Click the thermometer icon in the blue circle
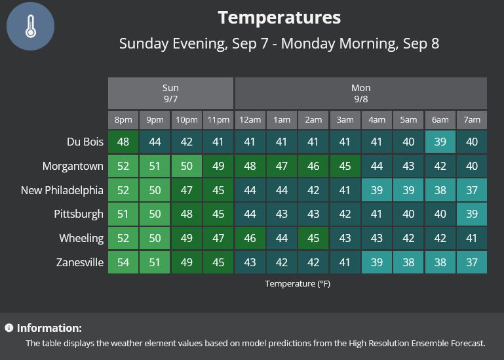(31, 26)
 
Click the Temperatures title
(279, 17)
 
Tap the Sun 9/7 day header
(170, 93)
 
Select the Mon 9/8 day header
(361, 93)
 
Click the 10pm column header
(186, 120)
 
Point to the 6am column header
(440, 120)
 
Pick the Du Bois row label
(85, 142)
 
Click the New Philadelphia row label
(62, 190)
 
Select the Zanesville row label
(80, 262)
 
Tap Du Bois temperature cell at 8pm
(123, 142)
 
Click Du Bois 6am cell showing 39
(440, 142)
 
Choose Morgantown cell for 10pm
(186, 166)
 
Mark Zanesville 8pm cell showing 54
(123, 262)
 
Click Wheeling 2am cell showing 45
(313, 238)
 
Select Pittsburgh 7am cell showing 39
(472, 214)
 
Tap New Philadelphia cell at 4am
(377, 190)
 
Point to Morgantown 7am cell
(472, 166)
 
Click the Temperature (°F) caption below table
(298, 284)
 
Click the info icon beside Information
(9, 327)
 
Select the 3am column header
(345, 120)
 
